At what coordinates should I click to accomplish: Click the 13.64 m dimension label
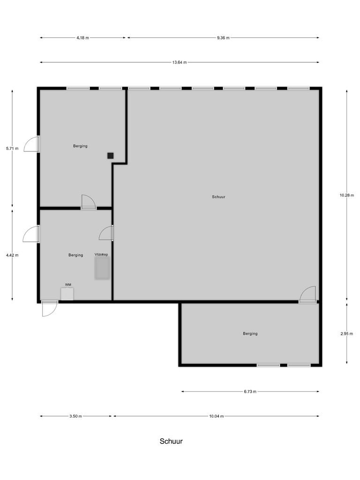click(180, 62)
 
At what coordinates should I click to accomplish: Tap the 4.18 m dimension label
click(83, 38)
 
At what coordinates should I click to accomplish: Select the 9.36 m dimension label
click(223, 38)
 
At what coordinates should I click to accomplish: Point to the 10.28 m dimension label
click(347, 195)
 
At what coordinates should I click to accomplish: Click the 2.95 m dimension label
click(347, 334)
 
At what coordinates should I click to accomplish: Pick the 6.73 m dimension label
click(250, 392)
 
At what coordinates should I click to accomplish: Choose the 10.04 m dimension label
click(217, 416)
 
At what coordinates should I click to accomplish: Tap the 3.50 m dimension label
click(76, 416)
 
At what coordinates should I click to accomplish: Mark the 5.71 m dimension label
click(12, 149)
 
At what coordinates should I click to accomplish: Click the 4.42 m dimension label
click(12, 255)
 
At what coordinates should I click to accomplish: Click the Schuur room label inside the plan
click(218, 197)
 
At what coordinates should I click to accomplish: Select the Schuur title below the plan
click(171, 441)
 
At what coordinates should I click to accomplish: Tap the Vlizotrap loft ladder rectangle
click(102, 269)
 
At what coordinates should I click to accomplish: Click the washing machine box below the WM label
click(67, 293)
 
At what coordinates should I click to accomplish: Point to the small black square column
click(110, 156)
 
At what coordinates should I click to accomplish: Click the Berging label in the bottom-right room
click(250, 334)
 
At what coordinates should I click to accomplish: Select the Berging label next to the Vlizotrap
click(75, 255)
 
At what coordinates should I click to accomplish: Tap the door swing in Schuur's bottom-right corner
click(308, 295)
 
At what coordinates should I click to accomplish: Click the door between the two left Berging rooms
click(88, 202)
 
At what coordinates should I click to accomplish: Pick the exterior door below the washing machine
click(49, 308)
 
